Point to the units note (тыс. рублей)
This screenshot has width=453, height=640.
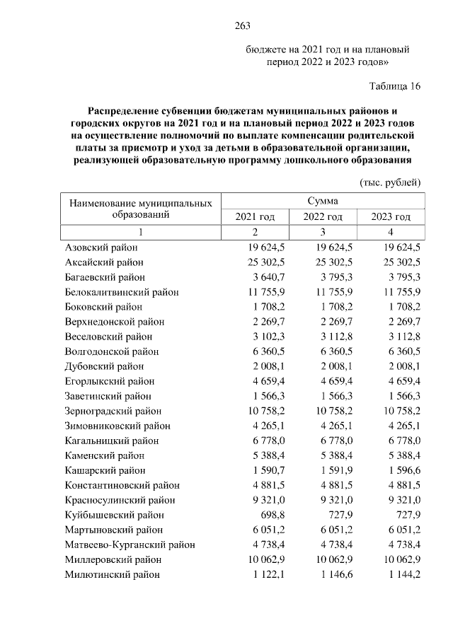click(x=390, y=182)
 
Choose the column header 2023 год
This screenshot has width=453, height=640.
click(x=391, y=216)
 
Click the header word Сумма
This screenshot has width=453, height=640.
click(x=322, y=201)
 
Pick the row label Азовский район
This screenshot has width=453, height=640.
click(x=101, y=248)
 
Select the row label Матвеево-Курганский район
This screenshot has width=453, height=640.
click(x=130, y=545)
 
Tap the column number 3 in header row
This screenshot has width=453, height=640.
click(x=323, y=232)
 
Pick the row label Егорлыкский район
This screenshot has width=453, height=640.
click(x=105, y=381)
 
